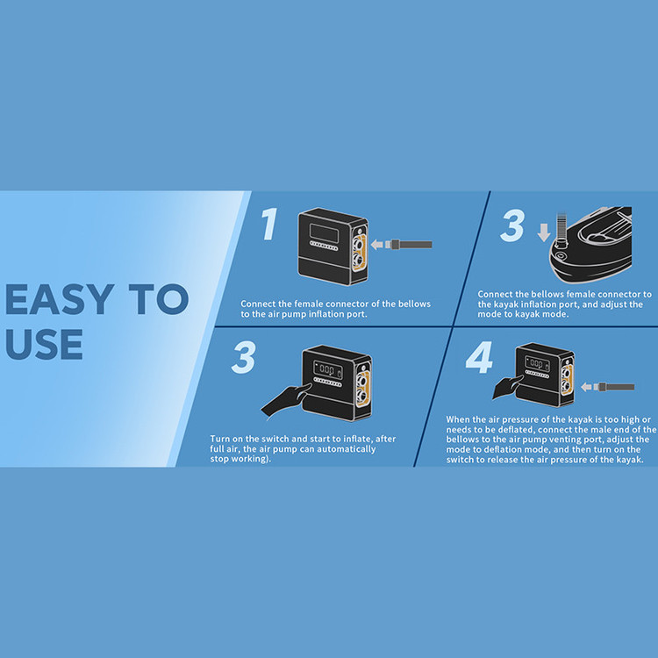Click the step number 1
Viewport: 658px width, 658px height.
click(x=269, y=224)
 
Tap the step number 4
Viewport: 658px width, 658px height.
click(x=479, y=357)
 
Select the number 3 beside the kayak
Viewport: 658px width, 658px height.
click(x=512, y=225)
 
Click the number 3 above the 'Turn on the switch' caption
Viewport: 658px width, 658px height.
click(x=243, y=357)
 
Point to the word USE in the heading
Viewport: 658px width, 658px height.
click(x=44, y=344)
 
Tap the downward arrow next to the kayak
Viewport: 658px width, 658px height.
click(x=544, y=232)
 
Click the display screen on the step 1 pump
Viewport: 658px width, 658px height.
click(x=324, y=232)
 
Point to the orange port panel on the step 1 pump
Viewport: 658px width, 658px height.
click(x=360, y=253)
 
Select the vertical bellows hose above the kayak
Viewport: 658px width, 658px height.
click(x=561, y=229)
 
